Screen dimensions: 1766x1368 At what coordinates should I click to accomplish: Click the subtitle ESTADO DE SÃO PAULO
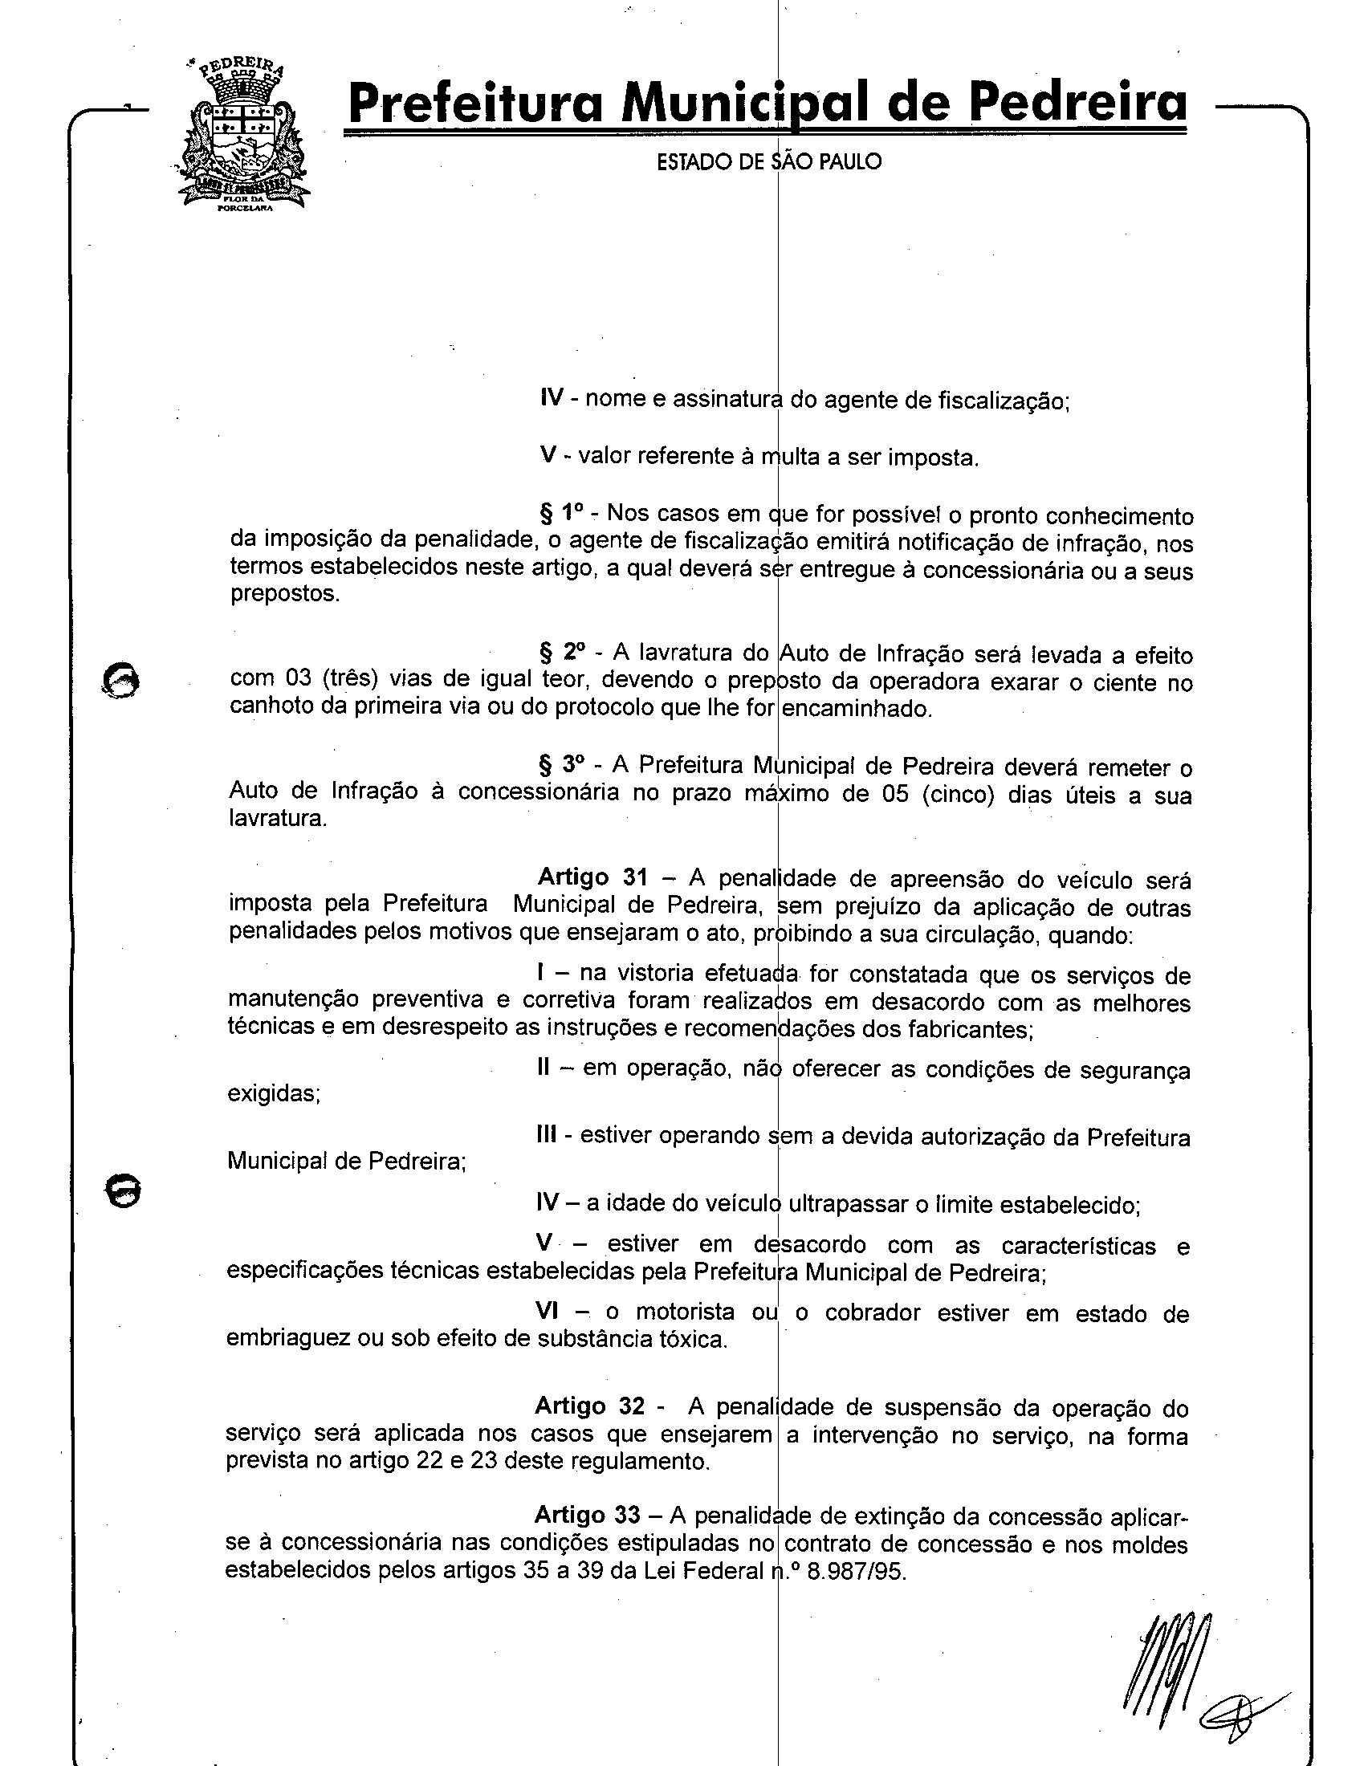(768, 161)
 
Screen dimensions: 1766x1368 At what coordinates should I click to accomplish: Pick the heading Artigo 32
(589, 1406)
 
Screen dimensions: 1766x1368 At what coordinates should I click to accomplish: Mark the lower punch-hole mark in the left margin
(123, 1191)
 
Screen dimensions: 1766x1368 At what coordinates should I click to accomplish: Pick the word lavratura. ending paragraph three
(277, 818)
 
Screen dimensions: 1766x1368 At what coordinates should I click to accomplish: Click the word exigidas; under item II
(274, 1093)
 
